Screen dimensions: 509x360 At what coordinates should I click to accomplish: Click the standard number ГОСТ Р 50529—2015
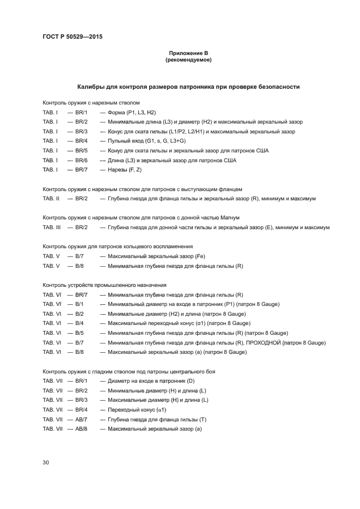click(72, 37)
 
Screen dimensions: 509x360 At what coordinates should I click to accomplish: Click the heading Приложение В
click(188, 53)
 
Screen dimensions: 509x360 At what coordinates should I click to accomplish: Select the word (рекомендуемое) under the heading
click(188, 60)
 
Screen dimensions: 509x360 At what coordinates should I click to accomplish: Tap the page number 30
click(46, 462)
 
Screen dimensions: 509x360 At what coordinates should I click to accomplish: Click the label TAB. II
click(51, 199)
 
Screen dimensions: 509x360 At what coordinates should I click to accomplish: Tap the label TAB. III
click(51, 228)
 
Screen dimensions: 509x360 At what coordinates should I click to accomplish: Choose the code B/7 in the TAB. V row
click(80, 256)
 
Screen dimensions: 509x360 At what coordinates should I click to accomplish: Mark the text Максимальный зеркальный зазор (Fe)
click(156, 256)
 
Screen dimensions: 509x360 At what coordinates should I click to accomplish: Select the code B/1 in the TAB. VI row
click(80, 304)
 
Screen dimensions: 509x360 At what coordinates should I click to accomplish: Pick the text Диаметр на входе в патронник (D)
click(151, 381)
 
